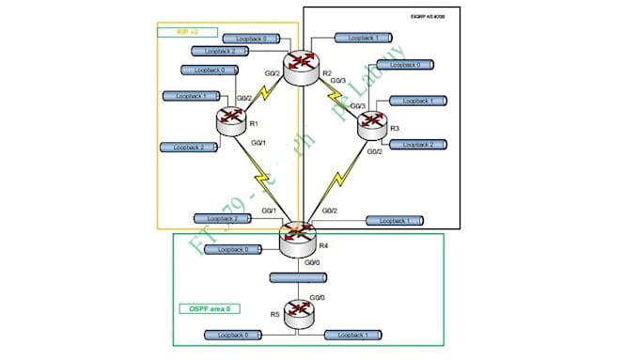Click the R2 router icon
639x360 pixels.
click(303, 67)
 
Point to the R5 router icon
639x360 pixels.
click(300, 310)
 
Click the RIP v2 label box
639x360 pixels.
click(194, 32)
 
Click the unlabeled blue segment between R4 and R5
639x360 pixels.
click(297, 278)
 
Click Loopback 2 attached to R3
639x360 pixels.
click(417, 144)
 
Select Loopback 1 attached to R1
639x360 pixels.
click(191, 95)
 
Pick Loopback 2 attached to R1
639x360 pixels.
click(189, 147)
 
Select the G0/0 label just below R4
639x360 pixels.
click(306, 264)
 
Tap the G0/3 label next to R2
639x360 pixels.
click(337, 81)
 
